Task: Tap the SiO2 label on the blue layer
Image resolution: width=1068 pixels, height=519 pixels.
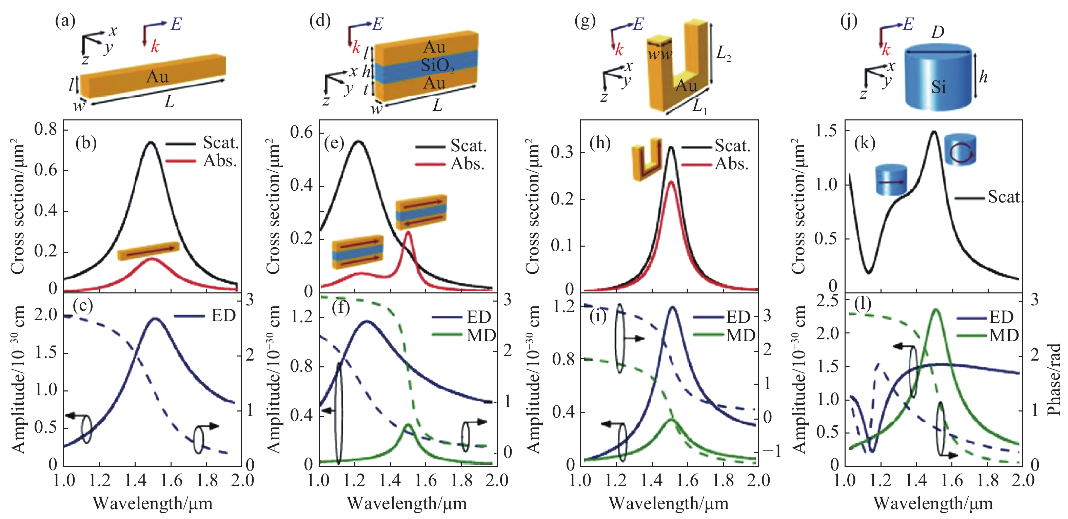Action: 437,66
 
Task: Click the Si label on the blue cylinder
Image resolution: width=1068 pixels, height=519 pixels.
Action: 938,87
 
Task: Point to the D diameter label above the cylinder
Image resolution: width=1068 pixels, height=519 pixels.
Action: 937,32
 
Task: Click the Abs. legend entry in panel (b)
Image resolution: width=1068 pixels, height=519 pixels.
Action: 220,161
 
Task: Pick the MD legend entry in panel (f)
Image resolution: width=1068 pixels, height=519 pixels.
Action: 481,335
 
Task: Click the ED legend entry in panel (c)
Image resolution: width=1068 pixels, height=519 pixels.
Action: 223,316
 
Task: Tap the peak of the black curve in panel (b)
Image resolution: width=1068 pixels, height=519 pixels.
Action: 151,142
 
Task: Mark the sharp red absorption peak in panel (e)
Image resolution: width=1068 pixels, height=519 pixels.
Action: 408,232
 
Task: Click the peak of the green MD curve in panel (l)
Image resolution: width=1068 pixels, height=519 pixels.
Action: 936,309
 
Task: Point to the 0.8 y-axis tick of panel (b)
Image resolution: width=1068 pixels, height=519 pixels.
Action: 46,130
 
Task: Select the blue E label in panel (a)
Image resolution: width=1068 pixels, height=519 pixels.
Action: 176,24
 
